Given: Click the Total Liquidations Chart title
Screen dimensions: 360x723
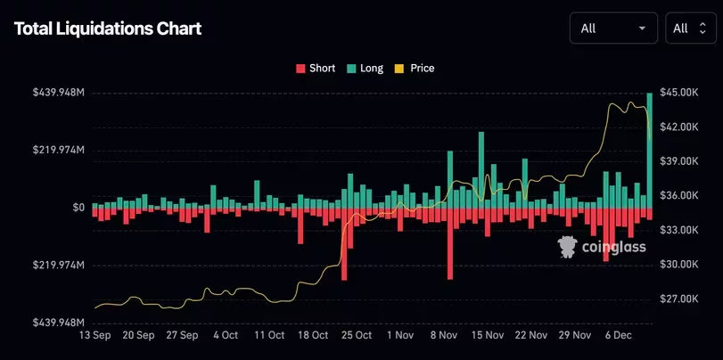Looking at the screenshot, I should tap(108, 29).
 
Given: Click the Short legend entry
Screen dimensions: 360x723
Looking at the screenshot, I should tap(316, 68).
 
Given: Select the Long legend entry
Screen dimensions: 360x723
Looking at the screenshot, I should tap(365, 68).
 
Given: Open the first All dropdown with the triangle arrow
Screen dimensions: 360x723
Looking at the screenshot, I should tap(613, 29).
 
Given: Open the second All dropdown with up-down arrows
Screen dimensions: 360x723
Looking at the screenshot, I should tap(691, 29).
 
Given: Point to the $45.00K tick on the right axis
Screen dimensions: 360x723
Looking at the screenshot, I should tap(682, 93).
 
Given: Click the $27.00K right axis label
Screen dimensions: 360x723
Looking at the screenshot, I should tap(682, 299).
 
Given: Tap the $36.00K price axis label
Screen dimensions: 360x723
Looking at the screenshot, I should tap(682, 196).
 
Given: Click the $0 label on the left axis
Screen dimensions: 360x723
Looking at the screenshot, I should tap(78, 208).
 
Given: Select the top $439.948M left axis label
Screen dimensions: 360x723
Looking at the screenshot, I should tap(59, 93).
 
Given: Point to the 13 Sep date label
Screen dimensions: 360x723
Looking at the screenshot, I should tap(96, 336).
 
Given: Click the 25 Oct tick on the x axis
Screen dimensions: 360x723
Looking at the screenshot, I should tap(357, 336).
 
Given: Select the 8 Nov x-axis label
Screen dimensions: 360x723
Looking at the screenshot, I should tap(443, 336).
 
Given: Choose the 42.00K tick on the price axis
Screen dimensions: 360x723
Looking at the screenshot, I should tap(682, 127).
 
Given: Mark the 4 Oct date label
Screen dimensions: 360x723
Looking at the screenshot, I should tap(226, 336).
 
